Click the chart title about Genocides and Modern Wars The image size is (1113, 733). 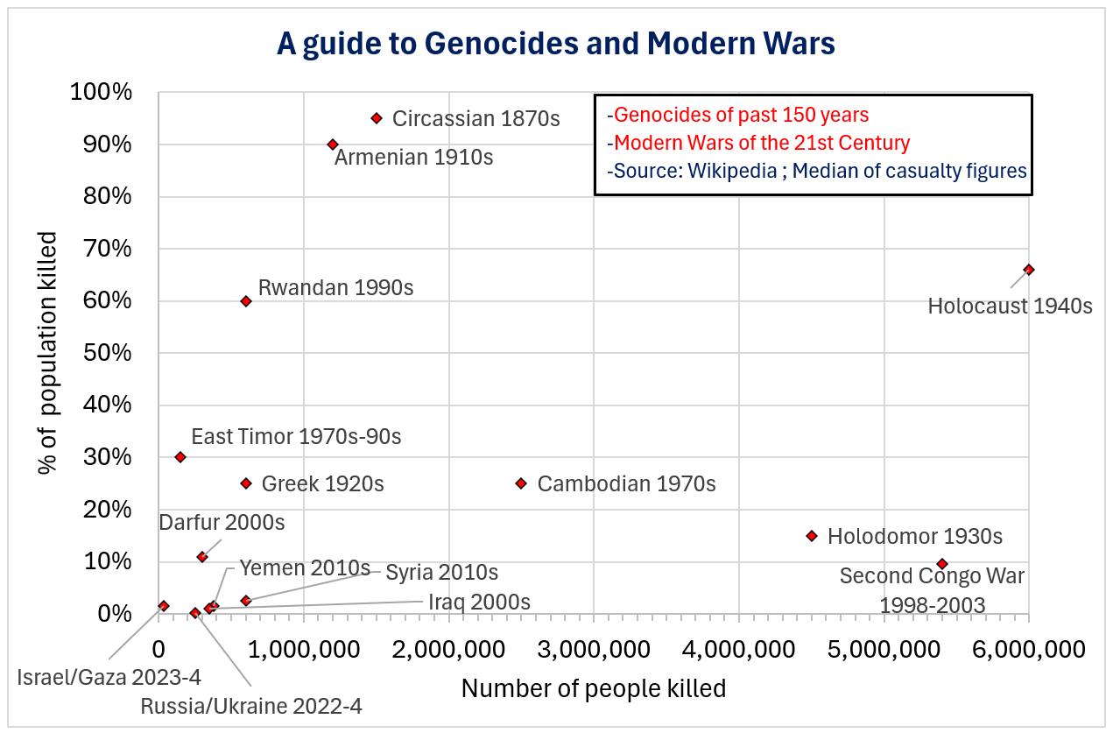(555, 44)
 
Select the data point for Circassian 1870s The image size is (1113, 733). (377, 118)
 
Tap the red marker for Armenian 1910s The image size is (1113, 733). (333, 144)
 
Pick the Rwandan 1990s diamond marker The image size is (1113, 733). (246, 301)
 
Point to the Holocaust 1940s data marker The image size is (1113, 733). (1029, 270)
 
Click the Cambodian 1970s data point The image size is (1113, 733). (521, 483)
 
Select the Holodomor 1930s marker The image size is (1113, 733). (812, 536)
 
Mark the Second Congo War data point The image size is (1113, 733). (942, 564)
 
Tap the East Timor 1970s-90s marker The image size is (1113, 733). (180, 457)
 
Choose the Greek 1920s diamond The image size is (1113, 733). (246, 483)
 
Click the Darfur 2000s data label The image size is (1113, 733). (222, 523)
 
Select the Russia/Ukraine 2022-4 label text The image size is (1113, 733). (251, 706)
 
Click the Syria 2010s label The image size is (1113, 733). (441, 573)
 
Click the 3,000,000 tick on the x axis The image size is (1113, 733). (595, 650)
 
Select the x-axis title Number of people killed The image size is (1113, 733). (593, 689)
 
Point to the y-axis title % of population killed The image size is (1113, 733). (50, 353)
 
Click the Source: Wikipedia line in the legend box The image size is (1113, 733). (816, 171)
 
